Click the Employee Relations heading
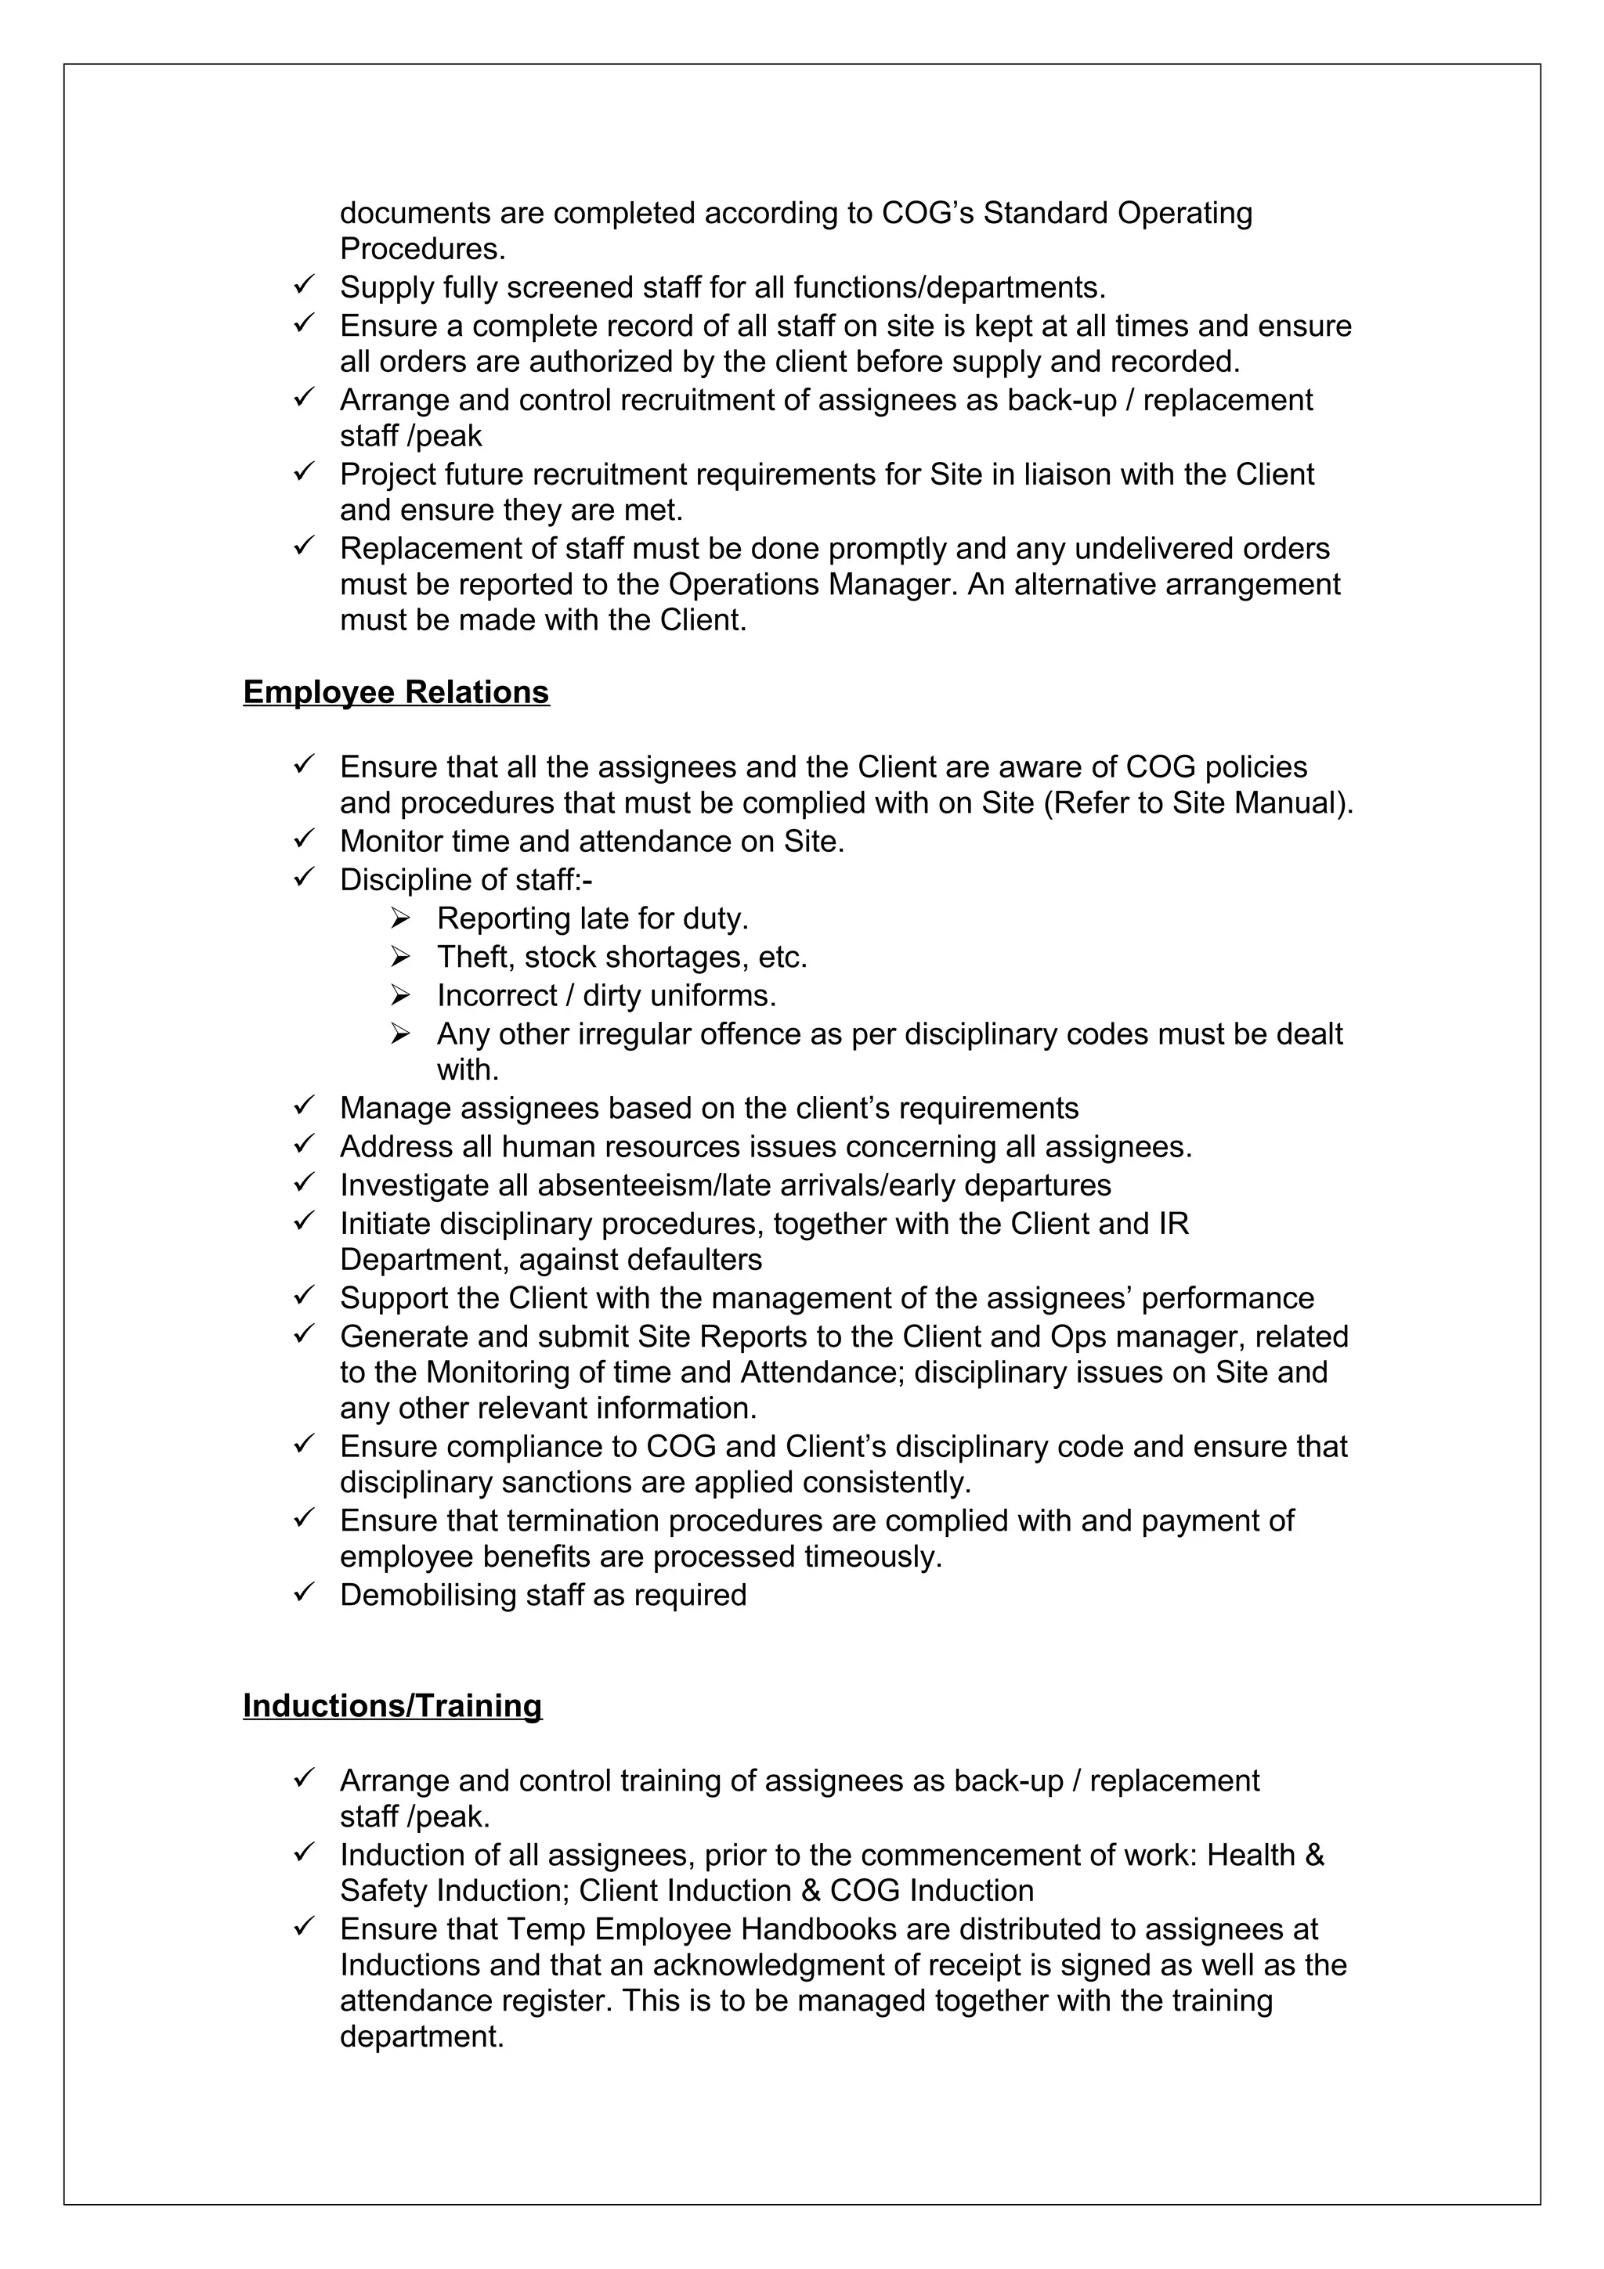click(396, 693)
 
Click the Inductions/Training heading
click(392, 1706)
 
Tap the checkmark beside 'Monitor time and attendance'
click(303, 840)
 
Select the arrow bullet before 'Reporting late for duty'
click(400, 918)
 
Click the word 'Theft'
click(472, 957)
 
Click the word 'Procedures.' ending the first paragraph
click(422, 248)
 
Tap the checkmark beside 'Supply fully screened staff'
click(303, 287)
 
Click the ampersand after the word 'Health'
click(1313, 1855)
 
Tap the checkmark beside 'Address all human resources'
click(303, 1145)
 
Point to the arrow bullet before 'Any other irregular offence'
click(400, 1033)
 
